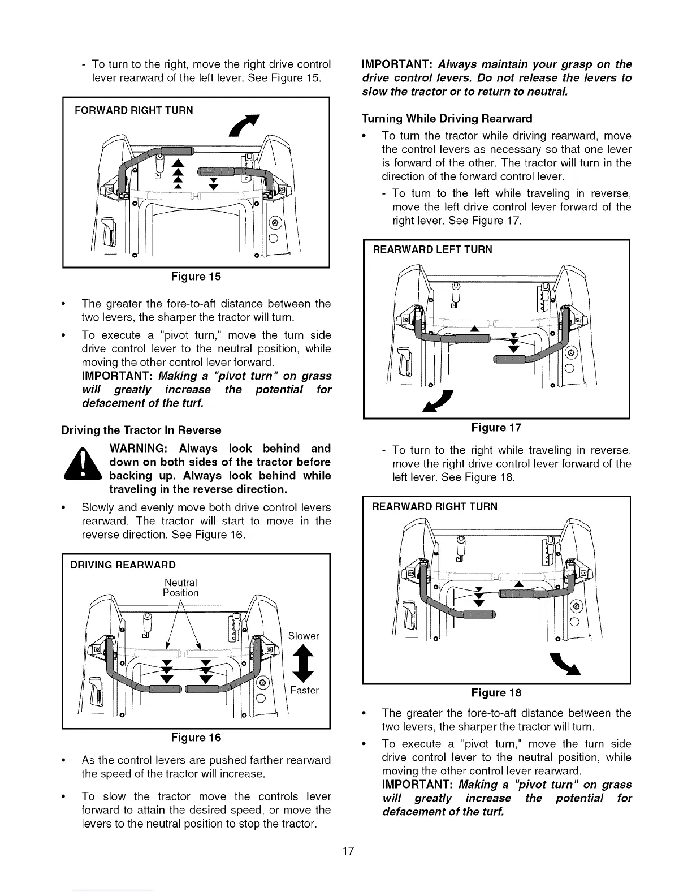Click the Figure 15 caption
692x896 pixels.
[x=196, y=277]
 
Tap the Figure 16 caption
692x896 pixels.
[x=196, y=738]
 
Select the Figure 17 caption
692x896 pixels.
[x=496, y=428]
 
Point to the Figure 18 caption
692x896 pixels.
[x=496, y=693]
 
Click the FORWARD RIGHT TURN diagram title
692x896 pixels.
[x=134, y=110]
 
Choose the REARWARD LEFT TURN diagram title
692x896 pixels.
[x=432, y=249]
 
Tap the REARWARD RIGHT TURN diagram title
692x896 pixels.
[x=435, y=507]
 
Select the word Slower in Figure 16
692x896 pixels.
[x=304, y=636]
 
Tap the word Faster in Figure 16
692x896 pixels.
[x=305, y=691]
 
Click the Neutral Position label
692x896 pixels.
[x=181, y=588]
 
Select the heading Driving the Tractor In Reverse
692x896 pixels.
[x=141, y=430]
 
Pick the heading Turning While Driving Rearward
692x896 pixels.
[x=447, y=119]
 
